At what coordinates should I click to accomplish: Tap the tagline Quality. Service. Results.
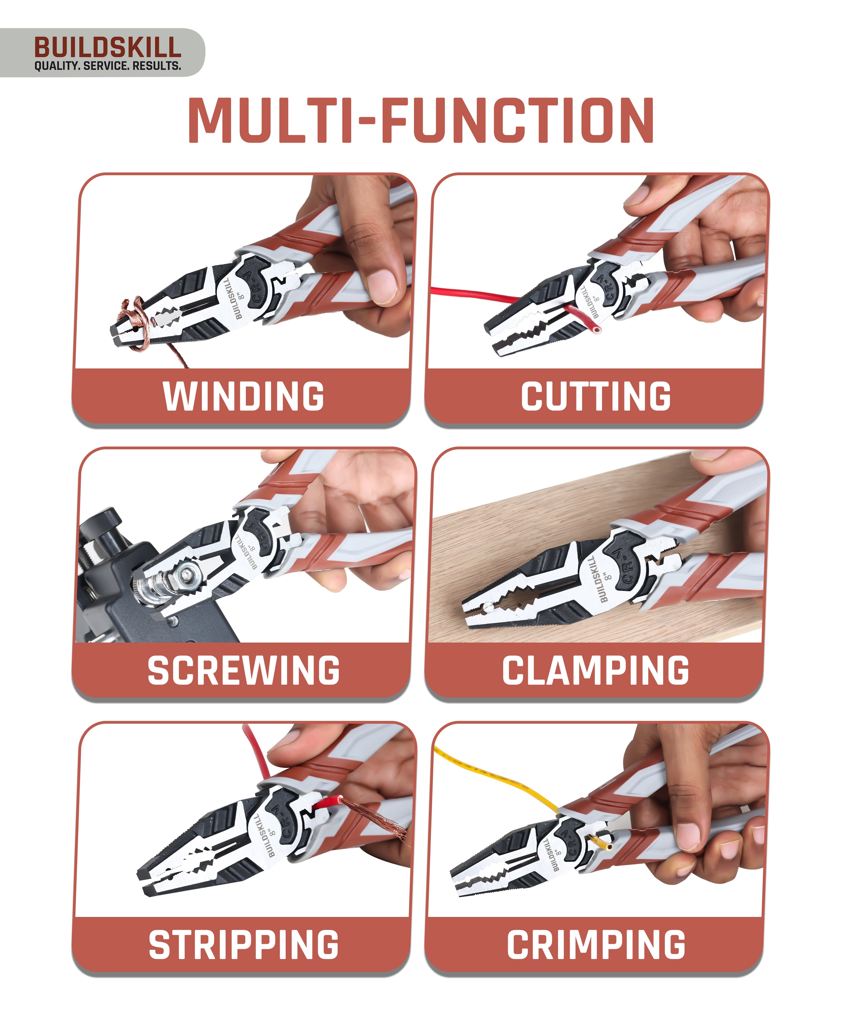(x=107, y=66)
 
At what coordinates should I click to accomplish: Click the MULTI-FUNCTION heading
(x=421, y=120)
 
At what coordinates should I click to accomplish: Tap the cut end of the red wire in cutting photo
(x=597, y=330)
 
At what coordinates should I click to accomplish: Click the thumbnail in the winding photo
(x=381, y=285)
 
